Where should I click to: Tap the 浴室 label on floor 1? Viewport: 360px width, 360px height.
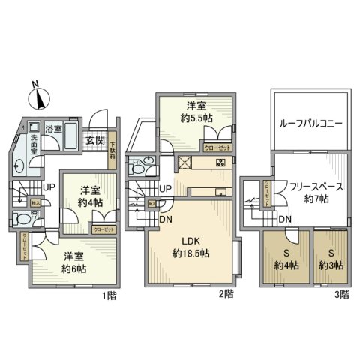(x=55, y=129)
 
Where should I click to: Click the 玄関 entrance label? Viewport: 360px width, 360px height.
(x=94, y=139)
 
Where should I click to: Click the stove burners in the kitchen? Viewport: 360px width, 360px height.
(x=221, y=163)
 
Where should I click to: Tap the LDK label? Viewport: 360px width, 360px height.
(x=190, y=239)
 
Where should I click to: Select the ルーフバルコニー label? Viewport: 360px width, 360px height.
(x=310, y=123)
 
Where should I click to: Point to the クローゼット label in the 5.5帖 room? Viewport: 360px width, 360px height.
(x=217, y=148)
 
